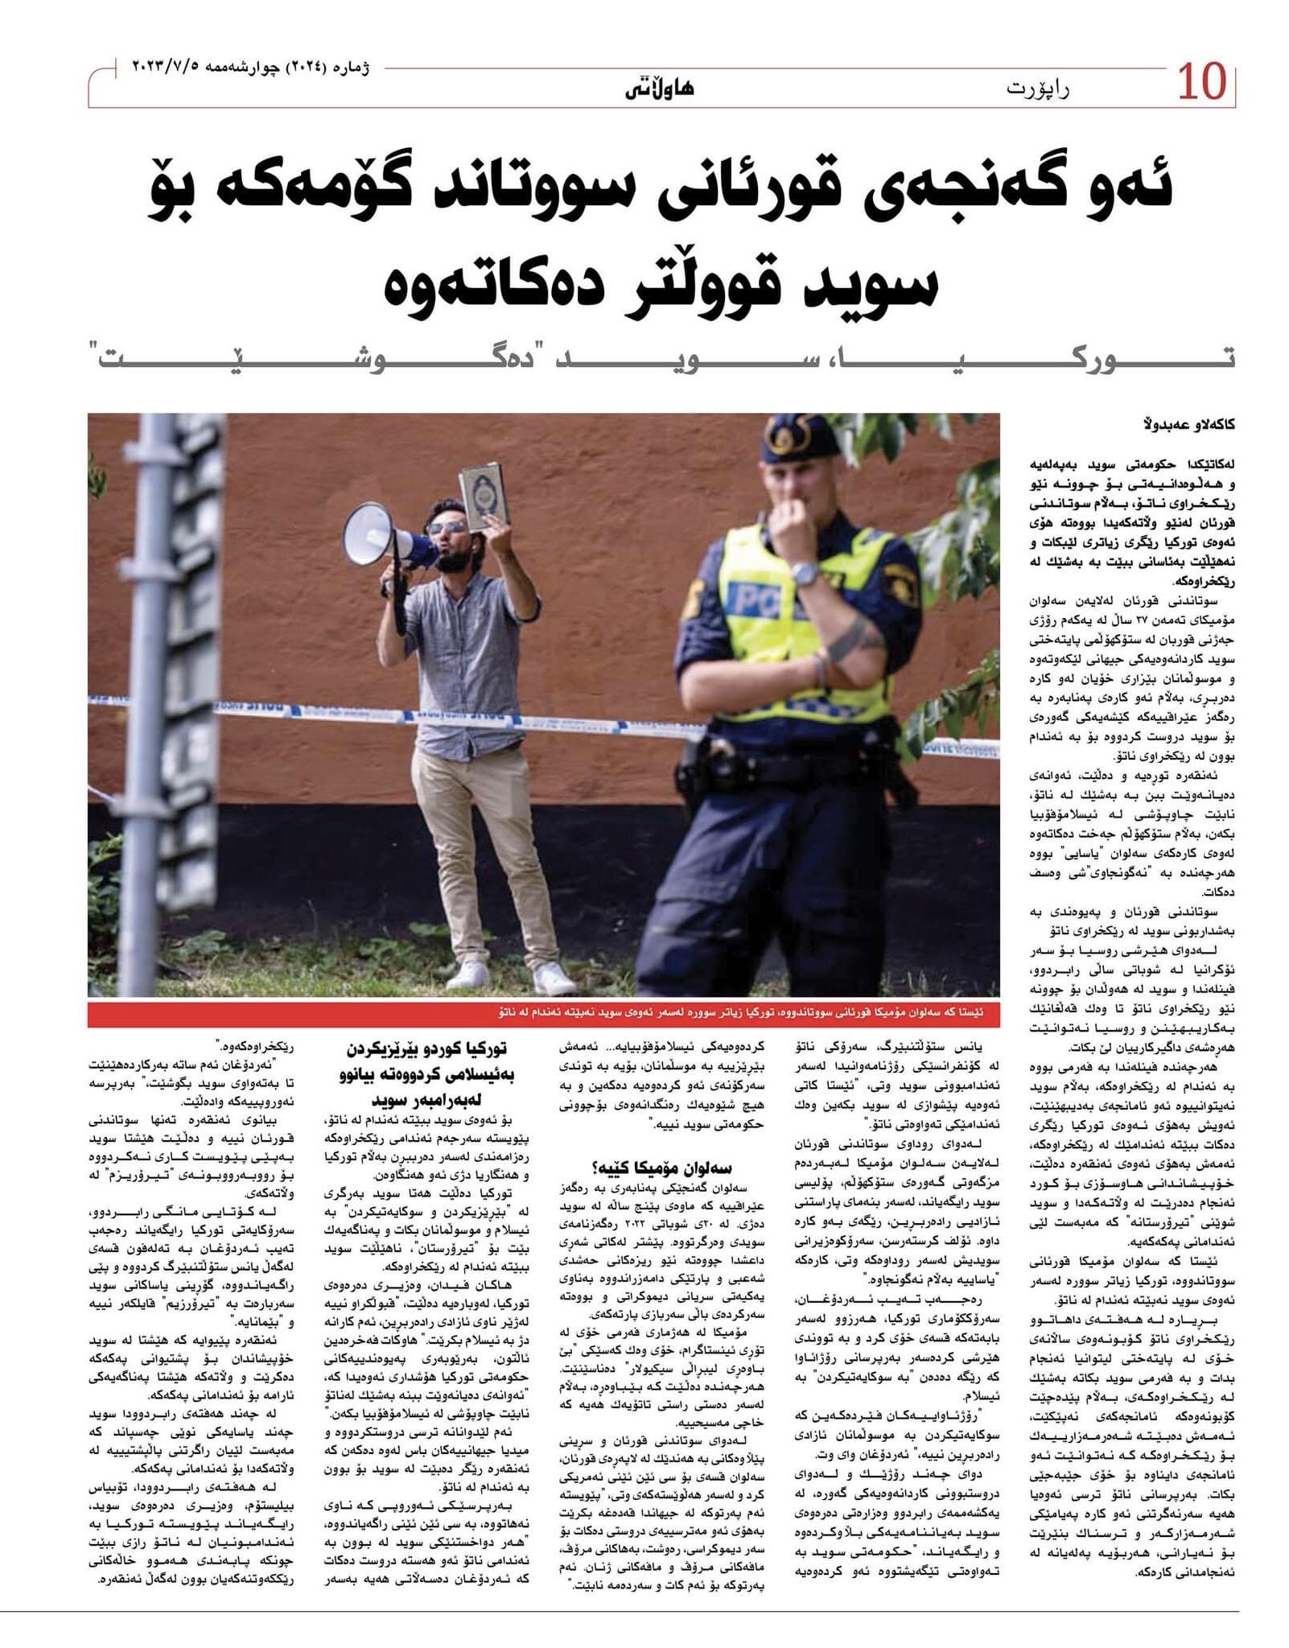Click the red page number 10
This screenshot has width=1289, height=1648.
(1201, 83)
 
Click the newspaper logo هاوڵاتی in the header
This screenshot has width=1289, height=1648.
(659, 89)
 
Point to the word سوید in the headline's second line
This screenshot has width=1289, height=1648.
(876, 286)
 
